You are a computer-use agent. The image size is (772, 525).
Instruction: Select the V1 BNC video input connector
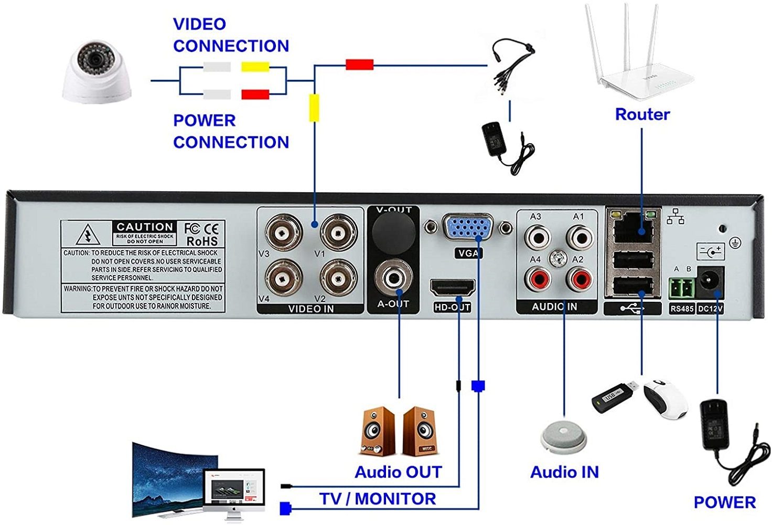[339, 232]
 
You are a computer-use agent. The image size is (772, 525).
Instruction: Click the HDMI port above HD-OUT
[452, 288]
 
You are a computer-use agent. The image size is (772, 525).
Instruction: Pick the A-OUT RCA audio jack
[393, 277]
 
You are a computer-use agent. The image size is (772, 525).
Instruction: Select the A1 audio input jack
[580, 237]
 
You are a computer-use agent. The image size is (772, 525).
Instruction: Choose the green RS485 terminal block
[682, 288]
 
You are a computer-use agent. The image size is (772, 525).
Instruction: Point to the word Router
[642, 114]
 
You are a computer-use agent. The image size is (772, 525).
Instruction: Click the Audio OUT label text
[398, 472]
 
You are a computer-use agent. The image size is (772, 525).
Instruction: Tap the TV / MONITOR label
[378, 498]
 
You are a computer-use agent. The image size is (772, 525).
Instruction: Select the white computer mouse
[666, 398]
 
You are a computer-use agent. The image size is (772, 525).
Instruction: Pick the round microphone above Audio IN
[563, 435]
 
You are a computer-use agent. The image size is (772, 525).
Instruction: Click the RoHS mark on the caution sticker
[202, 241]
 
